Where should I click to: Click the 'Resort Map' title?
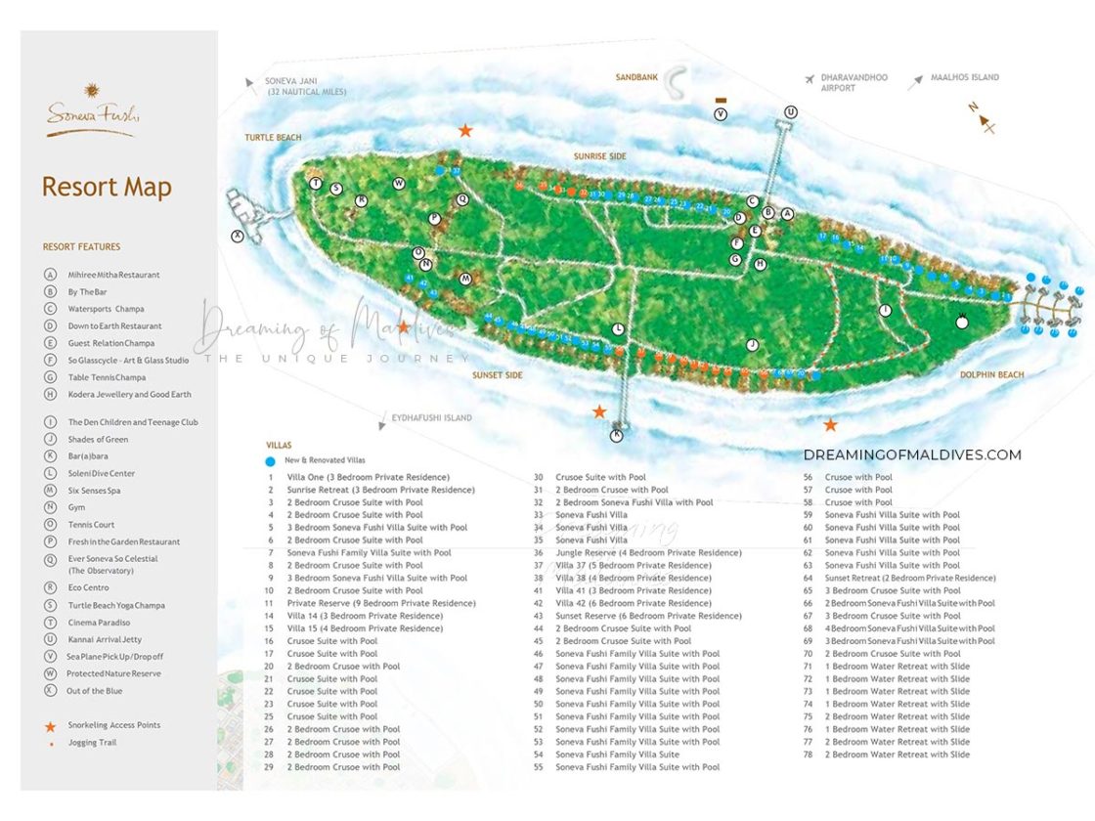(x=107, y=187)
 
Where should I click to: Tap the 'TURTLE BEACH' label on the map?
(x=273, y=138)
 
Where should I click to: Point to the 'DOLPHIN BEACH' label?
(x=991, y=374)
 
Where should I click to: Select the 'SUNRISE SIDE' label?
(x=599, y=156)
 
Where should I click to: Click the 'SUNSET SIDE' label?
(x=498, y=375)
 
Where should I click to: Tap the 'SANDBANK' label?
(x=636, y=77)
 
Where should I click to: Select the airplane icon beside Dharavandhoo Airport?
(x=809, y=79)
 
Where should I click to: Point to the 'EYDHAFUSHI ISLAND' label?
(x=431, y=418)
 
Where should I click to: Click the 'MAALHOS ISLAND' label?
(x=964, y=78)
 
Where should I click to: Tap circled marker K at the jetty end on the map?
(x=617, y=435)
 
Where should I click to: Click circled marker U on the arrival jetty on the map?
(x=791, y=112)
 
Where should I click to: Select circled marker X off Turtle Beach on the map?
(x=237, y=236)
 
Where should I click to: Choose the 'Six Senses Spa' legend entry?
(x=94, y=491)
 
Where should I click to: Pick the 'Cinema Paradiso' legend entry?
(x=98, y=623)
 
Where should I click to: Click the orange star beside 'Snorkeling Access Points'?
(x=50, y=726)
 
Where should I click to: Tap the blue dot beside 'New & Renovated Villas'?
(x=270, y=460)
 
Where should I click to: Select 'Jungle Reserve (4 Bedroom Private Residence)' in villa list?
(x=648, y=553)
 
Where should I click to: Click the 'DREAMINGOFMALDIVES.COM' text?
(x=911, y=454)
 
